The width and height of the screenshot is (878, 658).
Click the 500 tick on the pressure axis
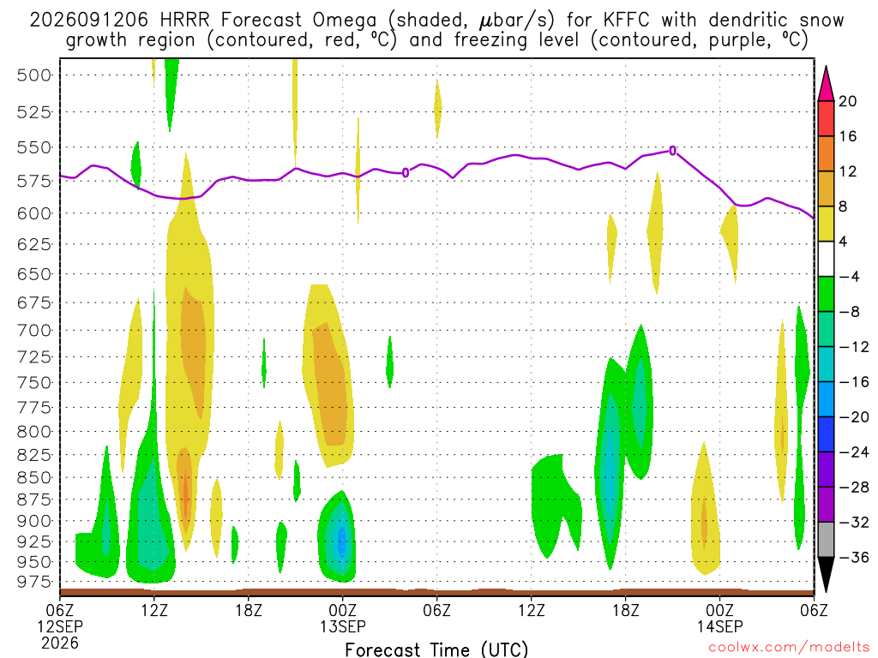(x=34, y=75)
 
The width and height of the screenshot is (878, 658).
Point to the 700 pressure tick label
(x=34, y=330)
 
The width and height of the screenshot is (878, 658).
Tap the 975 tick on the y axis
(x=34, y=582)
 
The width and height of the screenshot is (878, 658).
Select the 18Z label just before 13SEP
(x=249, y=609)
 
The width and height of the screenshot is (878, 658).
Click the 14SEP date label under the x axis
(x=719, y=626)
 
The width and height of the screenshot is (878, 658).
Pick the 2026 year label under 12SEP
(x=60, y=643)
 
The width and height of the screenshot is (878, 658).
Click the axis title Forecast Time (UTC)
(x=436, y=649)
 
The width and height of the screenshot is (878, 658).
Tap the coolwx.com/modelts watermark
(x=789, y=648)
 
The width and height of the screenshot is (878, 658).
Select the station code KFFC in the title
(x=627, y=21)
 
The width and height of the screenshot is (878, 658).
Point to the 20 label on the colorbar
(x=848, y=101)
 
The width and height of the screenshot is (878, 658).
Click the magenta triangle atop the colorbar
(x=826, y=83)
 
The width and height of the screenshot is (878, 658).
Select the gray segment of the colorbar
(x=826, y=540)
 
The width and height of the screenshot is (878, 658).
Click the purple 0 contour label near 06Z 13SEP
(x=406, y=173)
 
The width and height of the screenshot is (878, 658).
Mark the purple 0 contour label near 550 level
(x=672, y=151)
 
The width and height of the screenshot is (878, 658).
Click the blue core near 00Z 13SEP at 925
(x=342, y=541)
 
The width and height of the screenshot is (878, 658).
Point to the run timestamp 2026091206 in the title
(x=88, y=21)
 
